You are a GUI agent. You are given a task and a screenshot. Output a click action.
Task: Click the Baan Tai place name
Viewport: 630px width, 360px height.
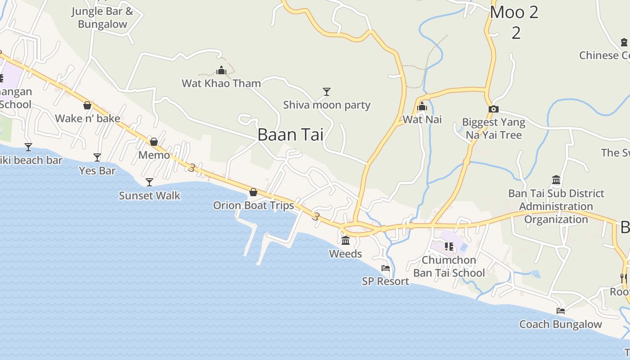tap(290, 135)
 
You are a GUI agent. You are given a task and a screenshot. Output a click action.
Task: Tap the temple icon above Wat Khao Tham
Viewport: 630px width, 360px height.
tap(221, 71)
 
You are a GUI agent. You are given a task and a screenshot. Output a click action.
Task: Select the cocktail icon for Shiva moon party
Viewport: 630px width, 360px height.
tap(327, 92)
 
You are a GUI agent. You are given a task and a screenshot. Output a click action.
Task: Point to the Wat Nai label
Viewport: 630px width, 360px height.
tap(422, 120)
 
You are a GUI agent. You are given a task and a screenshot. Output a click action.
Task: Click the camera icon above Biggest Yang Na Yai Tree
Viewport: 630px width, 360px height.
tap(494, 109)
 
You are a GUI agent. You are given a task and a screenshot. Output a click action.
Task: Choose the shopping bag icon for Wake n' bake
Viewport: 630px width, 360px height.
tap(87, 105)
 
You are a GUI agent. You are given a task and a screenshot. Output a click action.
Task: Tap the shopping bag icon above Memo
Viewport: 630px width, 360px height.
tap(154, 142)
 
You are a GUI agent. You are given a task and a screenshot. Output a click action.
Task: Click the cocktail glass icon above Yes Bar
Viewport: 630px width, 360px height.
tap(97, 157)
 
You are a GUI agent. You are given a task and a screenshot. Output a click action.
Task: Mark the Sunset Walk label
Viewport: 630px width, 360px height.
tap(149, 196)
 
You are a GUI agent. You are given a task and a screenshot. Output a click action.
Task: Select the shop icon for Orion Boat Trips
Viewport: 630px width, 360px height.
tap(253, 192)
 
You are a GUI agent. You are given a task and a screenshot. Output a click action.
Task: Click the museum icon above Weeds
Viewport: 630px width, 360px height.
tap(346, 240)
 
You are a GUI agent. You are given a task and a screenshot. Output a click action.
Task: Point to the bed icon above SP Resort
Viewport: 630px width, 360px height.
tap(386, 268)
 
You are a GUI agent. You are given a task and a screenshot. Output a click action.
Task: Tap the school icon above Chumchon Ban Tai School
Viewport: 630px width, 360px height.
tap(449, 246)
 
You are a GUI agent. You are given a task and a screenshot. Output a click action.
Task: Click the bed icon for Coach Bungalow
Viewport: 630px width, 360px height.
tap(560, 310)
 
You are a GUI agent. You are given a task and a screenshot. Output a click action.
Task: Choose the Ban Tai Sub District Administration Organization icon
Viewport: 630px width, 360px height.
tap(556, 180)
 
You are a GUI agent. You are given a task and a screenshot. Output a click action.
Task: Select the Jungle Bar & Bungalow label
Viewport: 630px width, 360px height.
tap(103, 18)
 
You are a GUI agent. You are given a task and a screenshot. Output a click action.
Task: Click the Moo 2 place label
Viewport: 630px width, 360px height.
tap(514, 13)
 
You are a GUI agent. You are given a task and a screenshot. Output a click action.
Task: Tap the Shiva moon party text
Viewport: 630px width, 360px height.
tap(327, 105)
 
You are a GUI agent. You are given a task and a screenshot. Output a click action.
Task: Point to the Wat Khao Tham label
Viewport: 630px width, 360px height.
tap(221, 83)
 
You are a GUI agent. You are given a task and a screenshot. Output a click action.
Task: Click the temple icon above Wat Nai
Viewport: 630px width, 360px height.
tap(422, 107)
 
